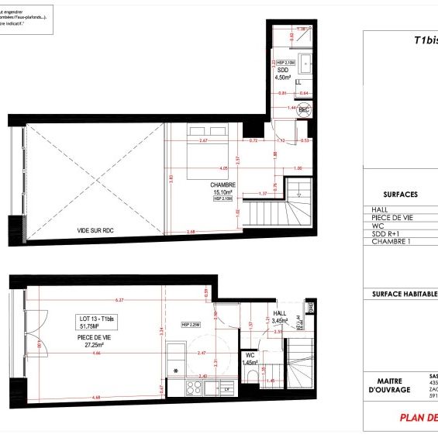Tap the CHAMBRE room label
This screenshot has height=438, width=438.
222,185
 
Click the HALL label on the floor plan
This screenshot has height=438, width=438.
280,314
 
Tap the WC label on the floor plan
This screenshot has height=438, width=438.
250,356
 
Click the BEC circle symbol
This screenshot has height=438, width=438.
305,111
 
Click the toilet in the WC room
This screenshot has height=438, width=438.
253,378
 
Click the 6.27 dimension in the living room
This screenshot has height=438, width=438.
118,300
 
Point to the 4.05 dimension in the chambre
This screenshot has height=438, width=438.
223,167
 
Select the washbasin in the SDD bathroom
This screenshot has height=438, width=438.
305,63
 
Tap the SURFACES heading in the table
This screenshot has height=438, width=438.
401,195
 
